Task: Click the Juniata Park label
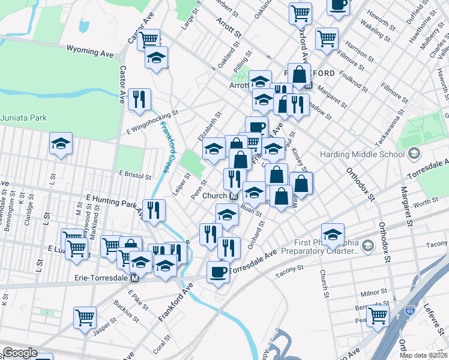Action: tap(24, 118)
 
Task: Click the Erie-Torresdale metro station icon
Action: tap(135, 278)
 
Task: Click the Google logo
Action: tap(20, 353)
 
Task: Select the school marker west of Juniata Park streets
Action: tap(61, 144)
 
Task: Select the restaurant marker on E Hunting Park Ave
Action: tap(154, 210)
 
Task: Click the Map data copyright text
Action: tap(424, 355)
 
